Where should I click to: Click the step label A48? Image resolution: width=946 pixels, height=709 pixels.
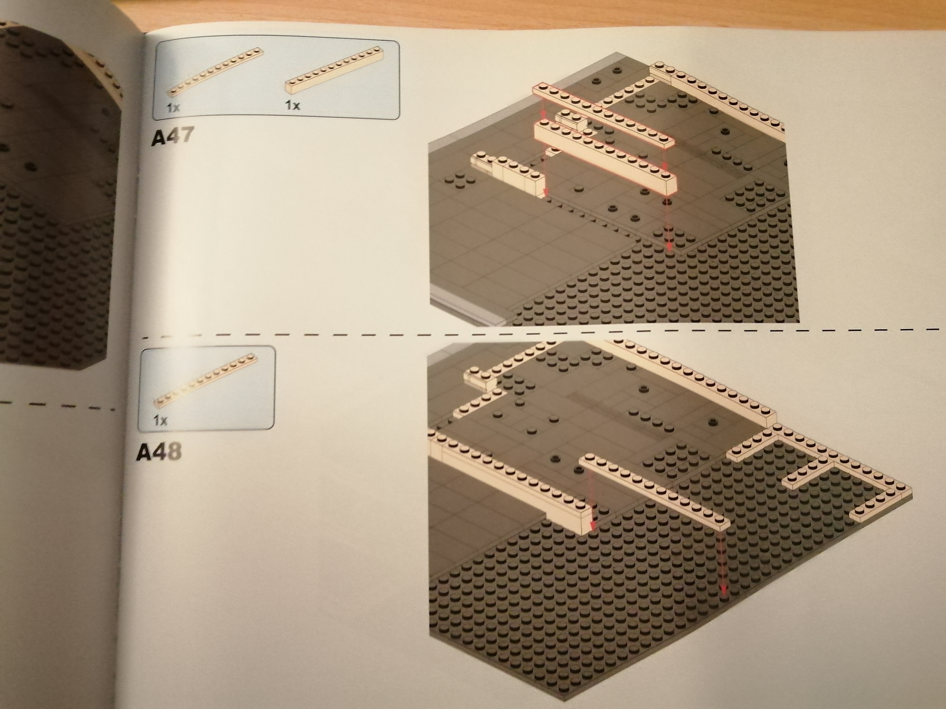coord(159,452)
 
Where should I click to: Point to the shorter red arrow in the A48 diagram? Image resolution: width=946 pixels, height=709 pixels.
coord(592,517)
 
